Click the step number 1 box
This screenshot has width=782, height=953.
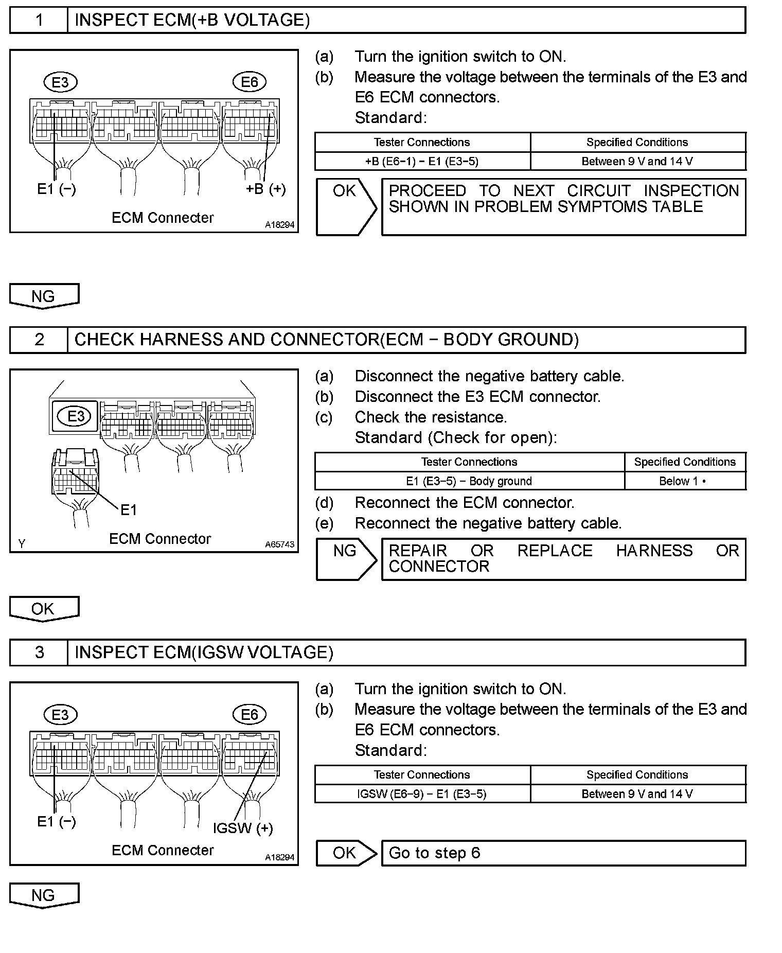point(39,20)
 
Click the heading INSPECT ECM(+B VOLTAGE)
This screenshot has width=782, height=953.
point(192,20)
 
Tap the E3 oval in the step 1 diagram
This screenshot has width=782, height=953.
point(60,82)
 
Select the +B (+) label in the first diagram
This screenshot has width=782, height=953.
point(265,189)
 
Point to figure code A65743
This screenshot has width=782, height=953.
point(280,544)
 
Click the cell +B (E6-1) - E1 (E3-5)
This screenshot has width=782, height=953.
point(422,162)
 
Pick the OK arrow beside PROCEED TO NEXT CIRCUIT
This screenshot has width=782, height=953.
point(345,206)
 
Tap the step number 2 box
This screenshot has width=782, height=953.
point(39,340)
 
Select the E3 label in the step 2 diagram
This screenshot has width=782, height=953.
point(76,416)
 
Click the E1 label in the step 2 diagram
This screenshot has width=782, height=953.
point(129,510)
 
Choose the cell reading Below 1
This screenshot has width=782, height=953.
point(684,481)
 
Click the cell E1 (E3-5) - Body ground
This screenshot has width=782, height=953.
point(469,481)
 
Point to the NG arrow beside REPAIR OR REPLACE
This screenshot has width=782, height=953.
point(345,559)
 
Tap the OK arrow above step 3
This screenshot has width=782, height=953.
point(44,609)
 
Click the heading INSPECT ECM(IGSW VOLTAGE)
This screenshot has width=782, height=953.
point(204,652)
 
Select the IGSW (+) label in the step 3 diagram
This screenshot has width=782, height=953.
point(243,828)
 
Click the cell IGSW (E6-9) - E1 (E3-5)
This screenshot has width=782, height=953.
point(422,794)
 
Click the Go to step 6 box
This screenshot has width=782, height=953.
point(563,853)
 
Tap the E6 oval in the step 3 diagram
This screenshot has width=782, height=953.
point(250,714)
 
